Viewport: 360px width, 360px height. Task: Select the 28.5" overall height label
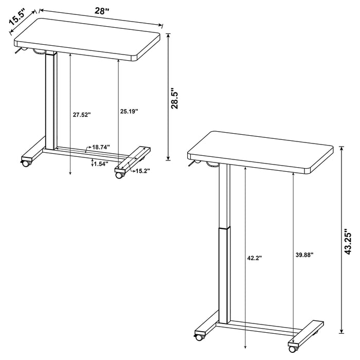pyautogui.click(x=175, y=98)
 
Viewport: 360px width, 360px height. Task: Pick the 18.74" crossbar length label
pyautogui.click(x=101, y=147)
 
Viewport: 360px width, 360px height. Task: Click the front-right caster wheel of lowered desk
pyautogui.click(x=120, y=175)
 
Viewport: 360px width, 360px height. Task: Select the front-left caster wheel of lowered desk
pyautogui.click(x=24, y=164)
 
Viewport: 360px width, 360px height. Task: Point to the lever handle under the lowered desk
pyautogui.click(x=20, y=50)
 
